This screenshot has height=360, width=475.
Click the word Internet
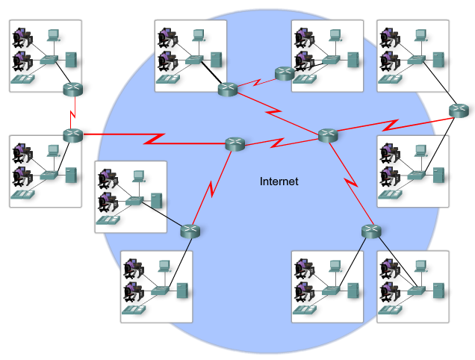coord(279,181)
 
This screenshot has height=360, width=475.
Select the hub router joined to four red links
coord(328,135)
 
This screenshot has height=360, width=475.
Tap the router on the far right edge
coord(459,111)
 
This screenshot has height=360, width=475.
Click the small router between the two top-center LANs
coord(285,73)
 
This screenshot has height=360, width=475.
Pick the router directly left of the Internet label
coord(235,144)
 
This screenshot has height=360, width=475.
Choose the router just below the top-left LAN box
coord(72,90)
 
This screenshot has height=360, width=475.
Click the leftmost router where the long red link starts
coord(72,135)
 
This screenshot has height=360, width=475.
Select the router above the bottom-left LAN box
coord(190,231)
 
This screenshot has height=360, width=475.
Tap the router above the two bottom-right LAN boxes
coord(371,231)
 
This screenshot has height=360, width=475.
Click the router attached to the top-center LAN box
coord(228,90)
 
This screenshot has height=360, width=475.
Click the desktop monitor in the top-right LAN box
coord(420,34)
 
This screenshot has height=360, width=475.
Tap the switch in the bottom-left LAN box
coord(159,290)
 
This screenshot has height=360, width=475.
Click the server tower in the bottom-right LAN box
coord(438,290)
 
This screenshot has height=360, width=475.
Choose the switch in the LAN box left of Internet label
coord(134,200)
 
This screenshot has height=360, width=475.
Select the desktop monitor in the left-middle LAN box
coord(53,150)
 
